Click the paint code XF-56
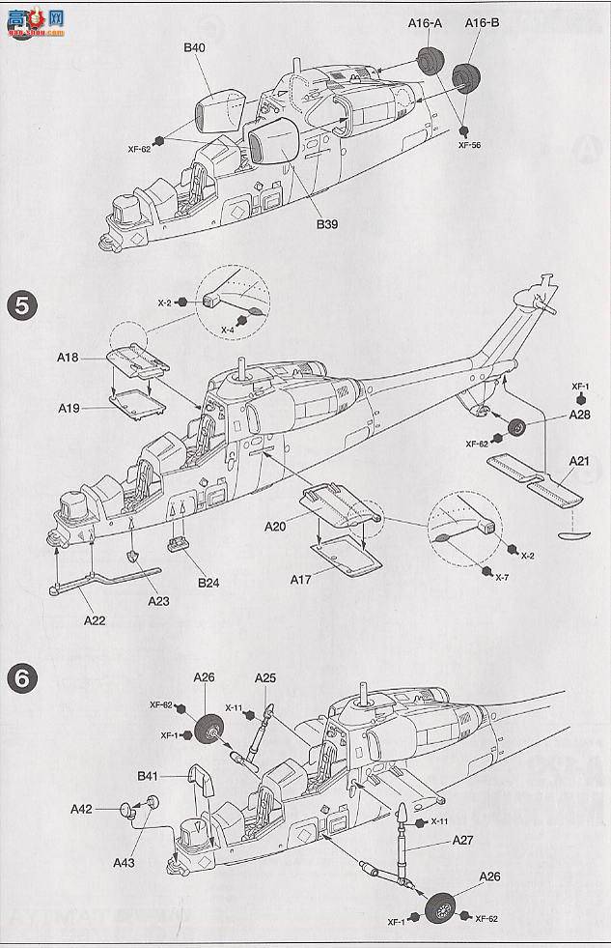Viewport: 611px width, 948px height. click(x=469, y=145)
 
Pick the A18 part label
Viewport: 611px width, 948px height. click(x=67, y=357)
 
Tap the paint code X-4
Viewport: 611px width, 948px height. click(x=228, y=330)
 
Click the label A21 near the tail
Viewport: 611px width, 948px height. click(x=578, y=461)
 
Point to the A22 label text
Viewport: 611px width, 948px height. click(x=94, y=619)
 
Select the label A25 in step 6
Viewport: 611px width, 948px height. click(x=265, y=677)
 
